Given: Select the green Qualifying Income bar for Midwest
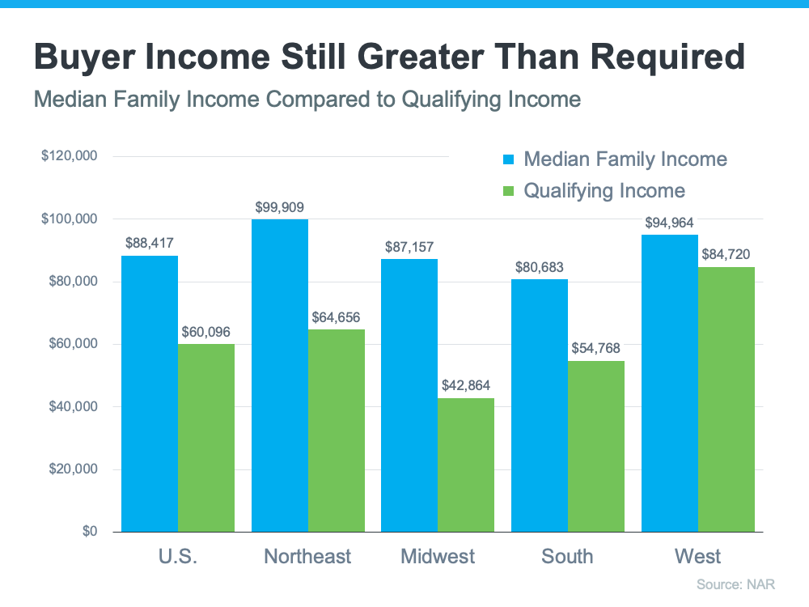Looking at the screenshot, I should [x=466, y=465].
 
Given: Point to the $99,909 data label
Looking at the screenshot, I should [x=279, y=207].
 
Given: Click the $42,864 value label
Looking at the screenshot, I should [x=466, y=385].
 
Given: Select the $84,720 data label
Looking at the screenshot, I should [x=726, y=254].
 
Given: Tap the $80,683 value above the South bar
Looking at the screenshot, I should [x=540, y=267].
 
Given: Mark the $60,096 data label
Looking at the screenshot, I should [x=206, y=331].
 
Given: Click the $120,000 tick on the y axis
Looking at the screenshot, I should [x=70, y=156].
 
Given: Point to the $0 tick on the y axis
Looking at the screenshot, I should [x=87, y=532].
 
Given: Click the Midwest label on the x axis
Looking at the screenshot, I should [x=438, y=557].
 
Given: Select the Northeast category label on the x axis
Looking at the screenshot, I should [x=307, y=557].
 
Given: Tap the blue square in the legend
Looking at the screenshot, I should [x=508, y=159].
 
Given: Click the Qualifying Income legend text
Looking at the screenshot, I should [x=604, y=191].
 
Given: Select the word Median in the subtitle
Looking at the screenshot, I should [x=72, y=100].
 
